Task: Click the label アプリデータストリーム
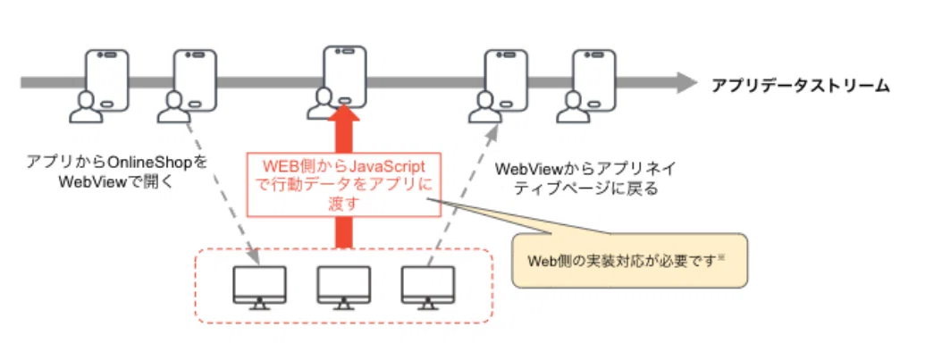click(x=800, y=86)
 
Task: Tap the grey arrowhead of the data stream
click(x=686, y=83)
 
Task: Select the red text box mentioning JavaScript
click(x=343, y=184)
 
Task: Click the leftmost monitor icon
click(x=259, y=288)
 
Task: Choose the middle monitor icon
click(x=344, y=288)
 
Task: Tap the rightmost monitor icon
click(x=428, y=288)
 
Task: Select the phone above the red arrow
click(x=345, y=76)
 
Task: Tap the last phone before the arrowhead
click(x=594, y=80)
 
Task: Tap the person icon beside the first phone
click(x=85, y=107)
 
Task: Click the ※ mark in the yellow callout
click(x=722, y=258)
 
